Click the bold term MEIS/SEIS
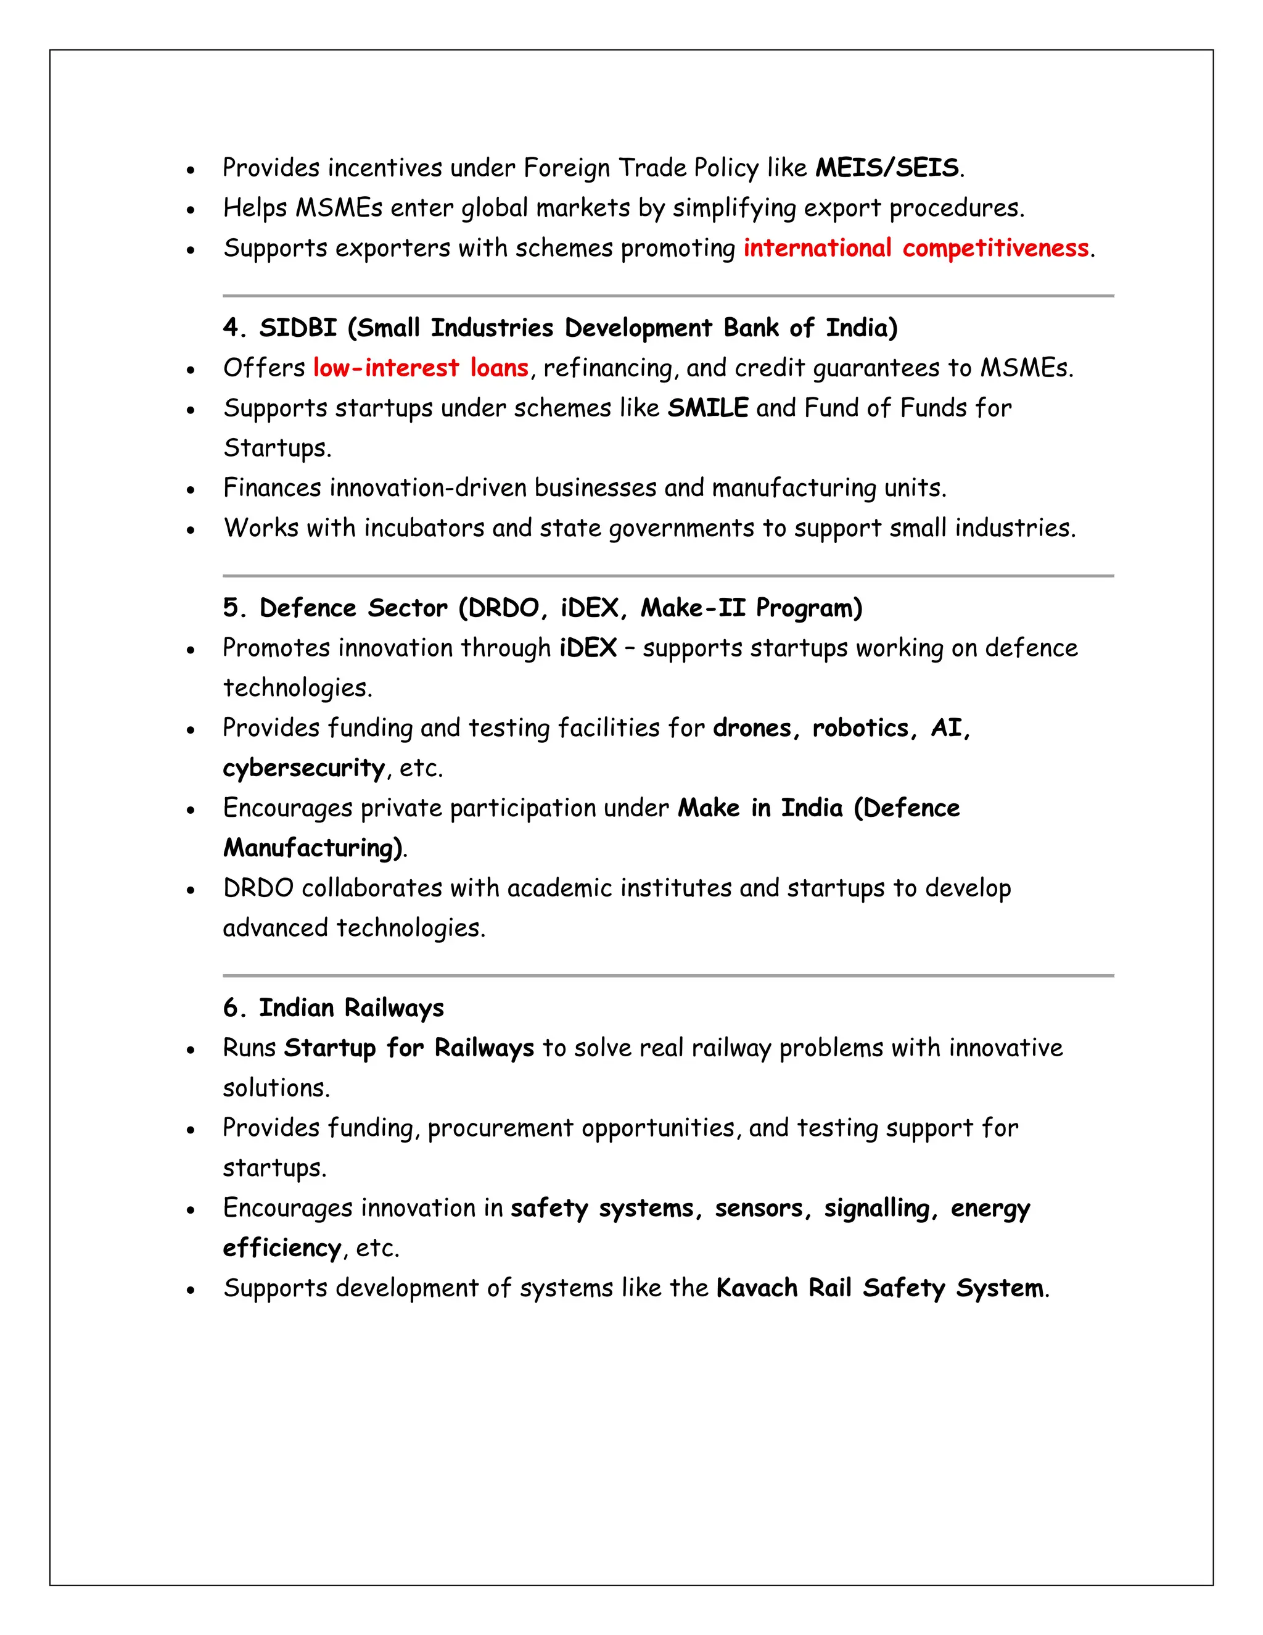886,168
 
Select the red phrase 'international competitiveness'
916,248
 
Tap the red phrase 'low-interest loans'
421,368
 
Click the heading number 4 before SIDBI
231,328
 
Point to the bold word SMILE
707,408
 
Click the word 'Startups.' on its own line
277,448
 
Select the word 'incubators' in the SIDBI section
424,528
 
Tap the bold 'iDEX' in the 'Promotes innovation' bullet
588,648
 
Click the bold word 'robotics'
860,727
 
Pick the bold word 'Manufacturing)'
313,848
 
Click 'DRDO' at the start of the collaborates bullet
258,888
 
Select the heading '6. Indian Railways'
333,1008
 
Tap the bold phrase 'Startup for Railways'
408,1048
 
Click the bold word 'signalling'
876,1207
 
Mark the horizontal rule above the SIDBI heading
667,296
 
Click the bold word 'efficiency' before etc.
282,1248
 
